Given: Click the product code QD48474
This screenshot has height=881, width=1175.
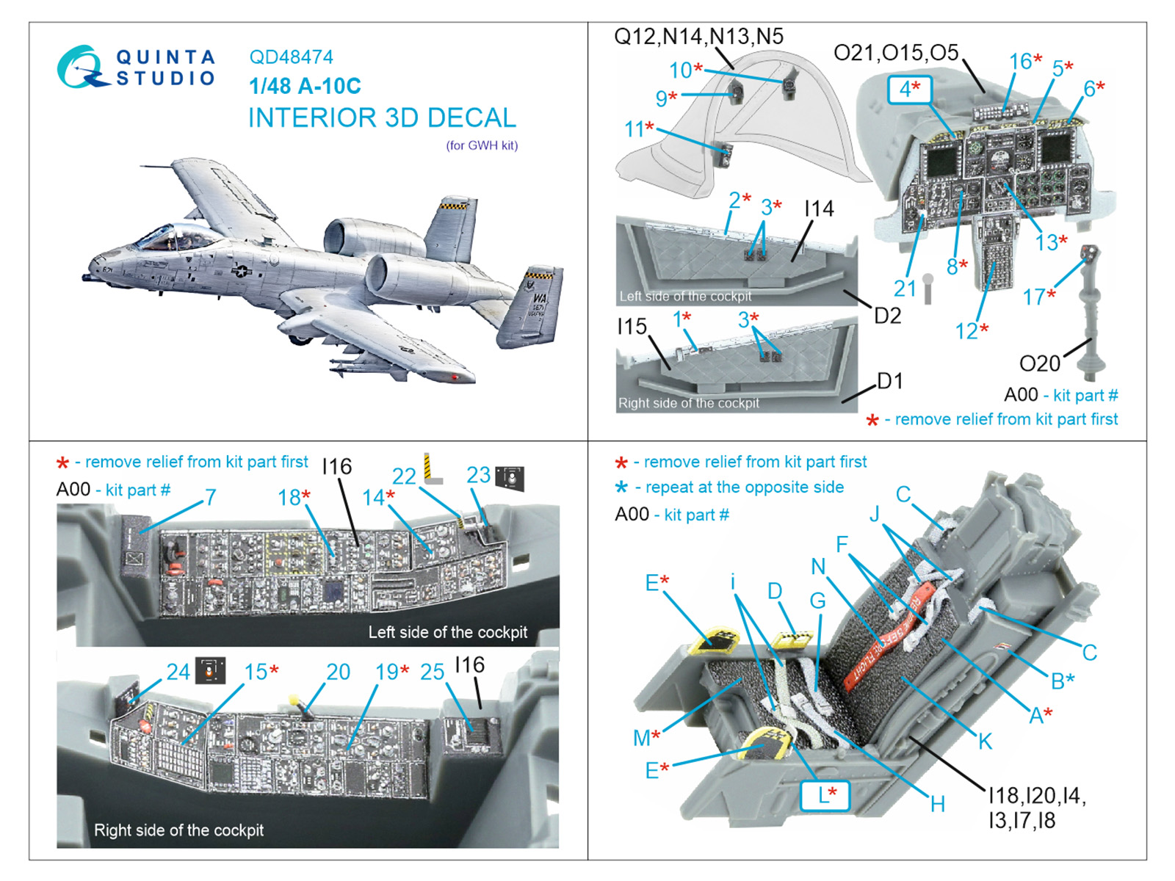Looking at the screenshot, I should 291,57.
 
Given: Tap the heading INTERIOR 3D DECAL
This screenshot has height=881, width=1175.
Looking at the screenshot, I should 382,118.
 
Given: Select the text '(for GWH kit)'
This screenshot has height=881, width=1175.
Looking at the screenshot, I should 482,145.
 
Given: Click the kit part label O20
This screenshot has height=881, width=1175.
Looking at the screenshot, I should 1039,363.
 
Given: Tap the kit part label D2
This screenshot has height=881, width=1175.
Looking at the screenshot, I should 887,316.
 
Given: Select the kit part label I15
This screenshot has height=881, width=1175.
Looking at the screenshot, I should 632,327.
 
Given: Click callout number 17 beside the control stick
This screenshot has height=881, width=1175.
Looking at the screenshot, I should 1034,297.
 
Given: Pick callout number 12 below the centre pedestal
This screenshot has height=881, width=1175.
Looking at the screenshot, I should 966,331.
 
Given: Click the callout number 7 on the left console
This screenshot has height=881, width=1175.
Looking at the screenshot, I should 211,497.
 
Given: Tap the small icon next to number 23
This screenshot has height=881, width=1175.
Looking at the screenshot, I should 510,477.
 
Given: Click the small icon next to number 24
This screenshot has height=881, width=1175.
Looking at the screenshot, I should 210,670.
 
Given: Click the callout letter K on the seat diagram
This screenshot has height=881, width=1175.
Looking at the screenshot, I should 985,741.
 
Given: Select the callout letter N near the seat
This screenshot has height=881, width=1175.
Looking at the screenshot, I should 818,566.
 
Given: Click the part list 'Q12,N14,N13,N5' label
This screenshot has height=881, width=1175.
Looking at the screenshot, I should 698,37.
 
